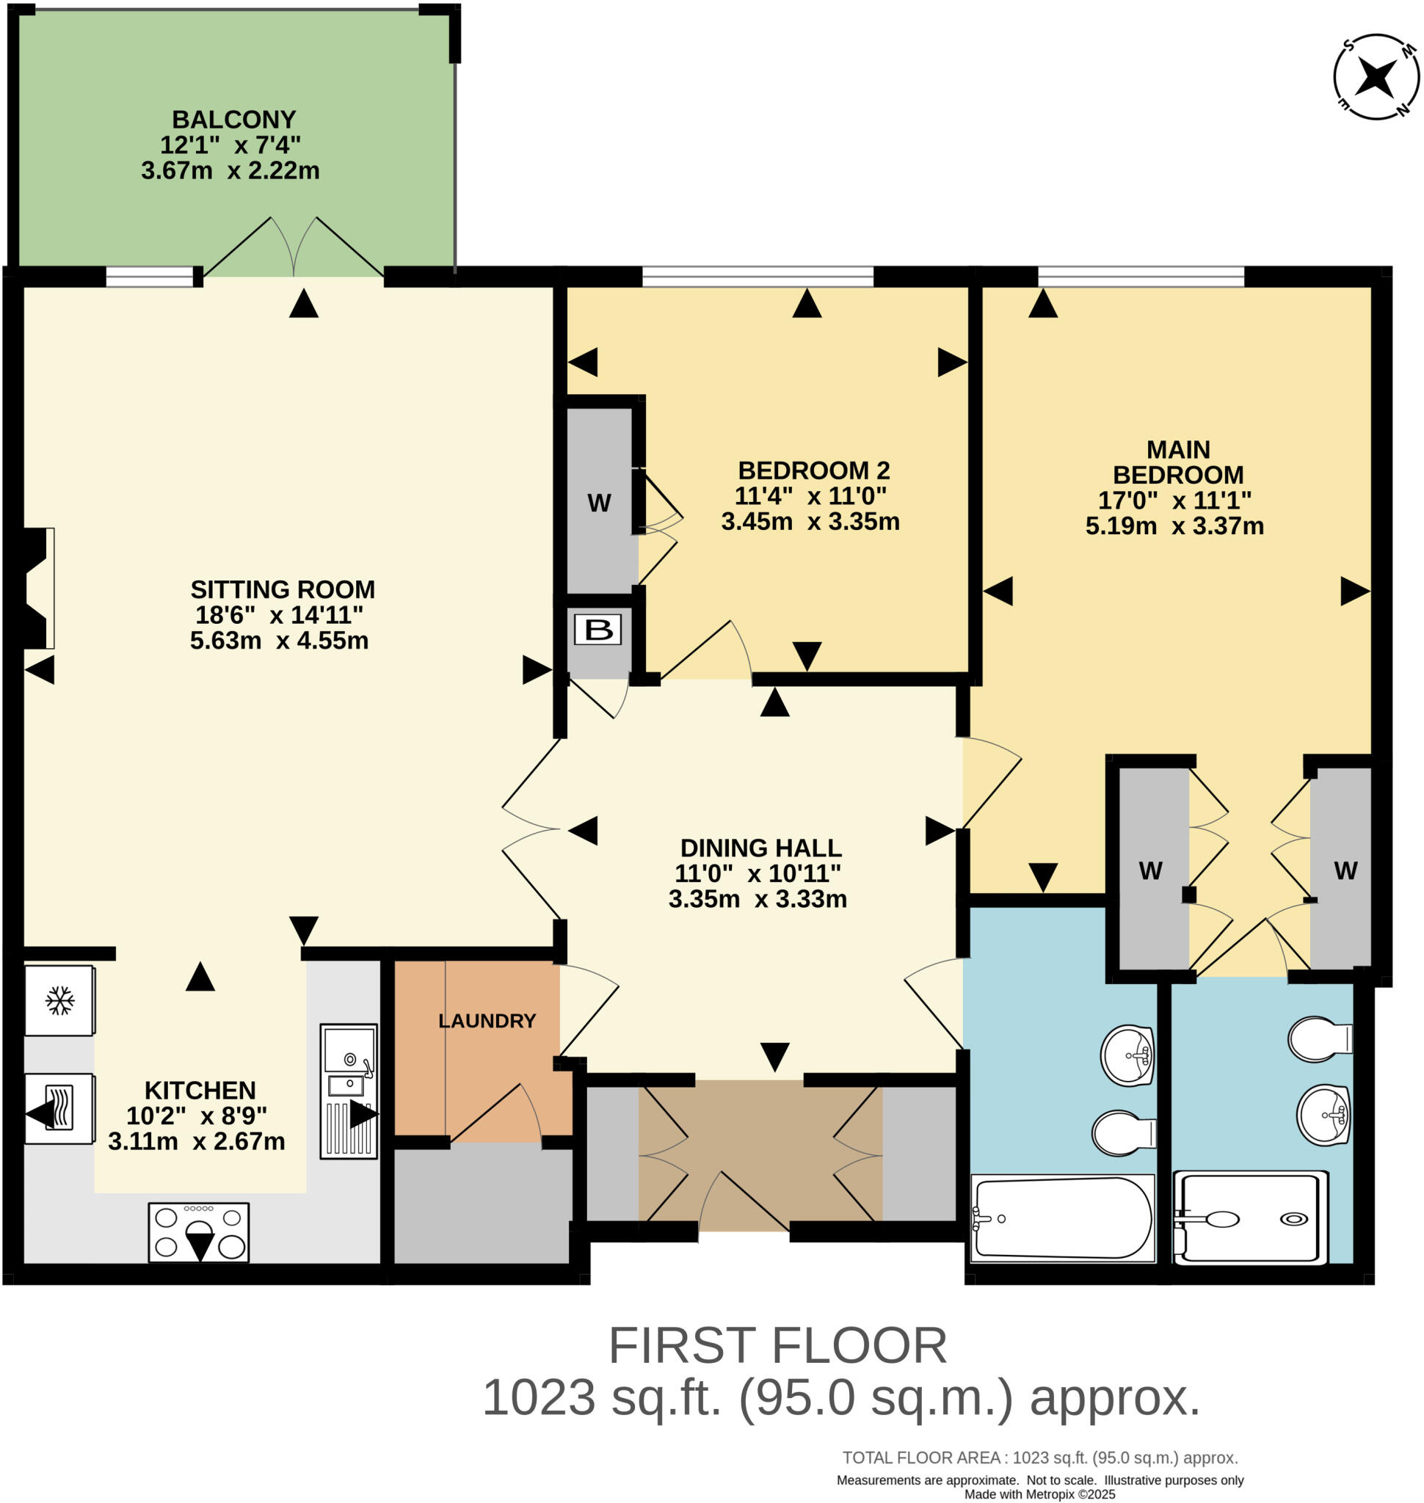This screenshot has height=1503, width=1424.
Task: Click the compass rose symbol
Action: coord(1376,76)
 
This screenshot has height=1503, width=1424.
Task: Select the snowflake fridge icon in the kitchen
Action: coord(59,1000)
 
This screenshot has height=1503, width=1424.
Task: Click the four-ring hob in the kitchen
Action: coord(199,1232)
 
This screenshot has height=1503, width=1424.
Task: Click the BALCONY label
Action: coord(233,119)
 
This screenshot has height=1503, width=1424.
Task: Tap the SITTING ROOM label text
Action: coord(283,589)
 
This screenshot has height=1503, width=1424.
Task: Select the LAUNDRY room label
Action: coord(487,1021)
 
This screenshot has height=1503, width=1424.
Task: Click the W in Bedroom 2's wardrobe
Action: coord(599,503)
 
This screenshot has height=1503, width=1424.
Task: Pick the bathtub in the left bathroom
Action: coord(1062,1218)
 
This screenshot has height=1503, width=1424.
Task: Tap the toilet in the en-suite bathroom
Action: coord(1320,1038)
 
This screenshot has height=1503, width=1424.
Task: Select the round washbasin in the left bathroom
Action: coord(1128,1055)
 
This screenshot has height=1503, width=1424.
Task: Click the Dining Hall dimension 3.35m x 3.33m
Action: coord(758,899)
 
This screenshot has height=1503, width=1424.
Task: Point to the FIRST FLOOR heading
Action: coord(777,1346)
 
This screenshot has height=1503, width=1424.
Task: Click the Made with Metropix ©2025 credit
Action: coord(1040,1494)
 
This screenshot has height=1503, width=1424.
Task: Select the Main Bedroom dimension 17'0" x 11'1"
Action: coord(1175,501)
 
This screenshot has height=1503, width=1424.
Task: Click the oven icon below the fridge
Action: coord(59,1108)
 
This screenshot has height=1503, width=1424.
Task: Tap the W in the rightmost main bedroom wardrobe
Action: coord(1345,870)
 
